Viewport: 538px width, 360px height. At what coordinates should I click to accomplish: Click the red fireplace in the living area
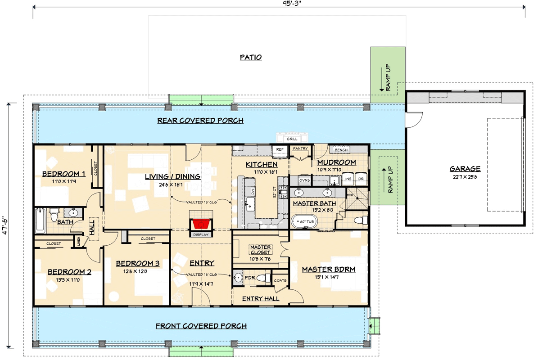(x=201, y=224)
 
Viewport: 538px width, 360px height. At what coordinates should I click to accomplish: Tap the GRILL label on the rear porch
(x=292, y=139)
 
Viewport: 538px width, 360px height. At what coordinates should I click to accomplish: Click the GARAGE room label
(x=465, y=169)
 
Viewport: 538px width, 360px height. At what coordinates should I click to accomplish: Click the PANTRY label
(x=300, y=148)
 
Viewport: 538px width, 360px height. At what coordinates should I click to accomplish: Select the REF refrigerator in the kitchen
(x=280, y=149)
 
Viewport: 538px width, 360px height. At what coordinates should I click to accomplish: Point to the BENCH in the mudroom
(x=341, y=149)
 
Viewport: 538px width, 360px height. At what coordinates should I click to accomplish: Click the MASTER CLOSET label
(x=260, y=250)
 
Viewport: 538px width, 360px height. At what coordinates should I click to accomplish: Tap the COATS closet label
(x=280, y=280)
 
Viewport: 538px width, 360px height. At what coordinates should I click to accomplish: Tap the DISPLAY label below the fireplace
(x=201, y=234)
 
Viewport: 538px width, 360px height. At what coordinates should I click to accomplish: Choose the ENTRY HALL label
(x=261, y=298)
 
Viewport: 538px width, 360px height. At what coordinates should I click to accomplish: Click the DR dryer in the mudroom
(x=361, y=179)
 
